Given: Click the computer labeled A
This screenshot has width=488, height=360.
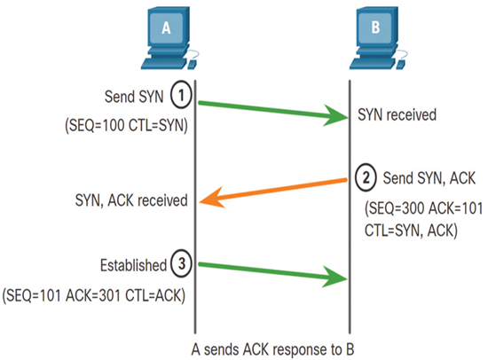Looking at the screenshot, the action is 169,38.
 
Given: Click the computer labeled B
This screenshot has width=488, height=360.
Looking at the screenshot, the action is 378,38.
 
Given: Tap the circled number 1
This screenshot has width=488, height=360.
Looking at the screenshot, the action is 181,95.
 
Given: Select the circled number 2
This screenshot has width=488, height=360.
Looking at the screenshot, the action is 366,177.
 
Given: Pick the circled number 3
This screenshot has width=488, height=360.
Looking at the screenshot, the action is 181,264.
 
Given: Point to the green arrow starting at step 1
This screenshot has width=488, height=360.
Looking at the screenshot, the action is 273,111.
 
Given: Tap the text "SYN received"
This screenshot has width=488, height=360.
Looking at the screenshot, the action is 397,114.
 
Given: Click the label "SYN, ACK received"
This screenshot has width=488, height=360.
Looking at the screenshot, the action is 131,200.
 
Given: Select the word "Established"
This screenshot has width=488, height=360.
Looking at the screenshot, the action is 133,265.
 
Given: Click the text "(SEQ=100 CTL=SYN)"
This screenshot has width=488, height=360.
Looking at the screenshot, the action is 126,125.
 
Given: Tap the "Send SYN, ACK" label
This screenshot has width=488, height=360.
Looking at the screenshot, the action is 429,178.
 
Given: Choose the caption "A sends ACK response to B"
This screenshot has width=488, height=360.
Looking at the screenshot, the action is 272,349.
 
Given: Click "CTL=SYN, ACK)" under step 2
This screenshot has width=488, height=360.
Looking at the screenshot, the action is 411,231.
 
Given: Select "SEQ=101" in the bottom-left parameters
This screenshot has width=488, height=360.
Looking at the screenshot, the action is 34,295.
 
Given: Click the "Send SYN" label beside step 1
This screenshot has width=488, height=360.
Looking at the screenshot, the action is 134,97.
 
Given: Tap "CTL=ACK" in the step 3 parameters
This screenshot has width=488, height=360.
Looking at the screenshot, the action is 153,295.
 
